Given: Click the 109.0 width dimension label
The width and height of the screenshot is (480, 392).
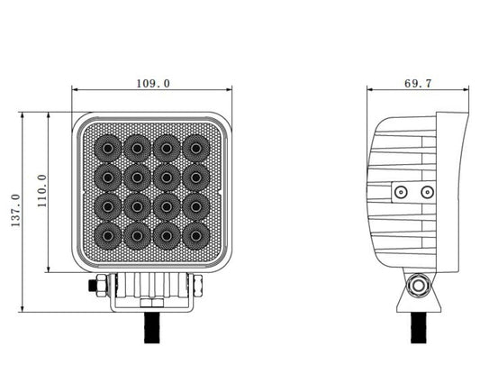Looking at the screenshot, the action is [153, 83].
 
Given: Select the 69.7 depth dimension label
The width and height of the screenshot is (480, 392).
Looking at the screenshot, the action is [418, 83].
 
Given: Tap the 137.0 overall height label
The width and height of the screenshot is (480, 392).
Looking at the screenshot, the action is [15, 210].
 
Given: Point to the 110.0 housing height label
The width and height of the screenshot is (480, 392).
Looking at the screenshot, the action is [41, 190].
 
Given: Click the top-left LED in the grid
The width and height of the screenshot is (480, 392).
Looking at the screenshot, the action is [107, 149].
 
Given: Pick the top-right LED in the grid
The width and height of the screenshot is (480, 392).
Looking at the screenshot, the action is [196, 149].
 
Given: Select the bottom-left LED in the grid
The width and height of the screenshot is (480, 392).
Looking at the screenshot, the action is [107, 236].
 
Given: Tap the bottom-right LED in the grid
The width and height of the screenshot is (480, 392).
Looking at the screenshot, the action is [196, 236].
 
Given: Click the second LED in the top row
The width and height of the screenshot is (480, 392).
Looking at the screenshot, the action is [137, 149].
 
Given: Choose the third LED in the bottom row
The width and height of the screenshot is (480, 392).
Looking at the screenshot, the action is [167, 236].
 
